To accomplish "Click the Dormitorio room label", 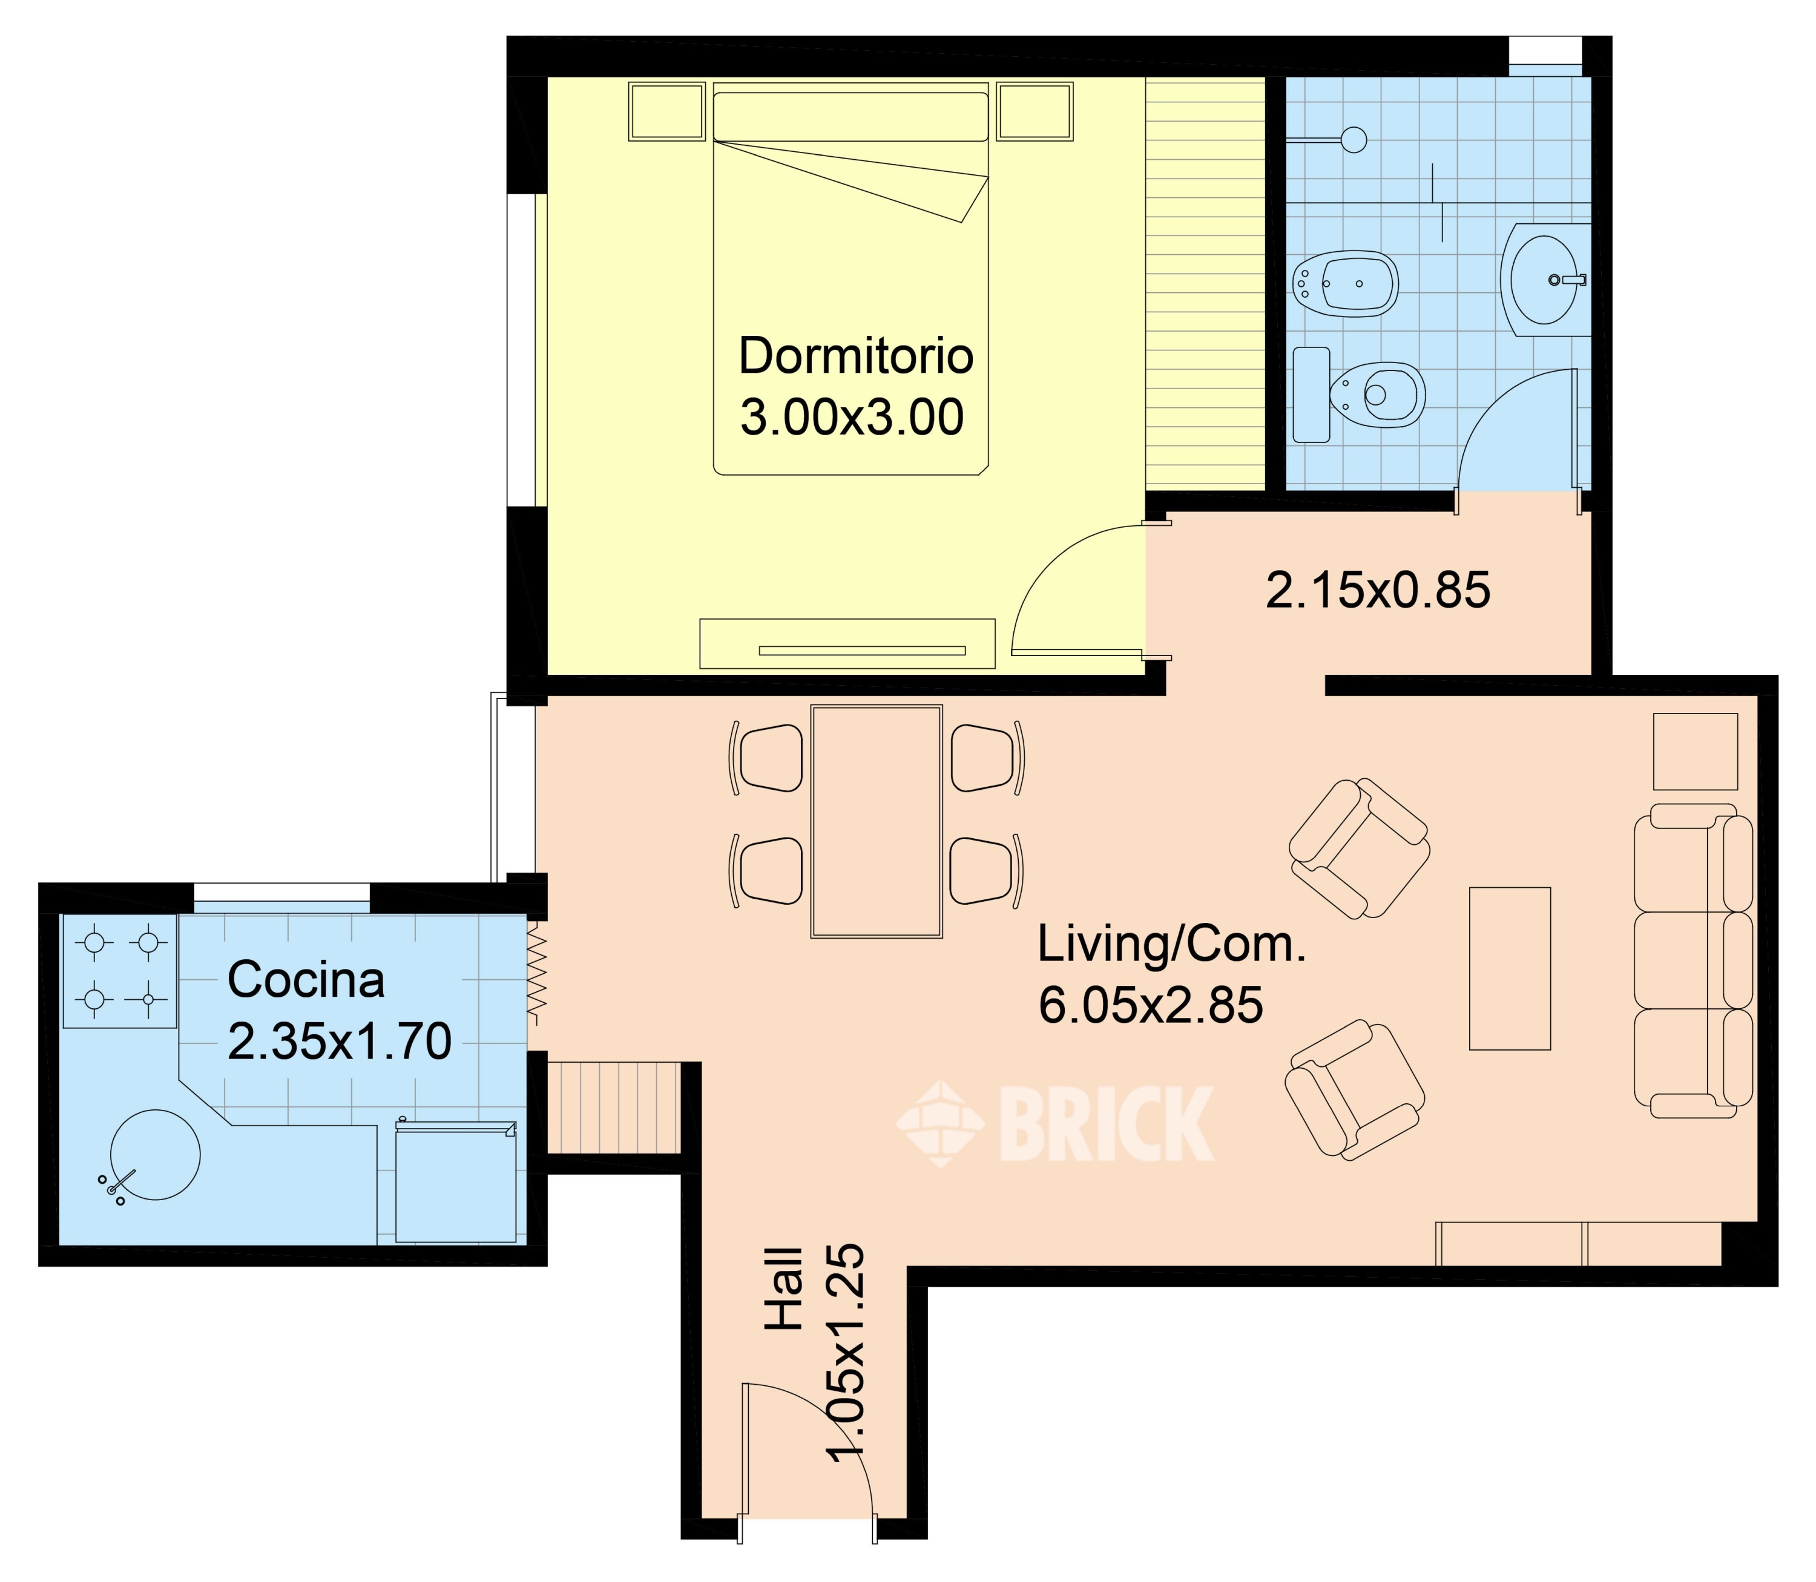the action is tap(855, 356).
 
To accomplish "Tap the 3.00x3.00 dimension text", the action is tap(852, 418).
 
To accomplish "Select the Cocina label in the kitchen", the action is tap(306, 980).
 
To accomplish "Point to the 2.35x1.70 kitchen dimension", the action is tap(340, 1042).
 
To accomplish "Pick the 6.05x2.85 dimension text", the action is tap(1150, 1005).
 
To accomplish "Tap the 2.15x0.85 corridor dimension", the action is tap(1378, 591).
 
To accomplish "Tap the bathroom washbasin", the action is tap(1544, 280).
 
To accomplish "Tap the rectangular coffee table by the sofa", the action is tap(1510, 968).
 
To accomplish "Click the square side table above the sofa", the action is tap(1695, 751).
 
